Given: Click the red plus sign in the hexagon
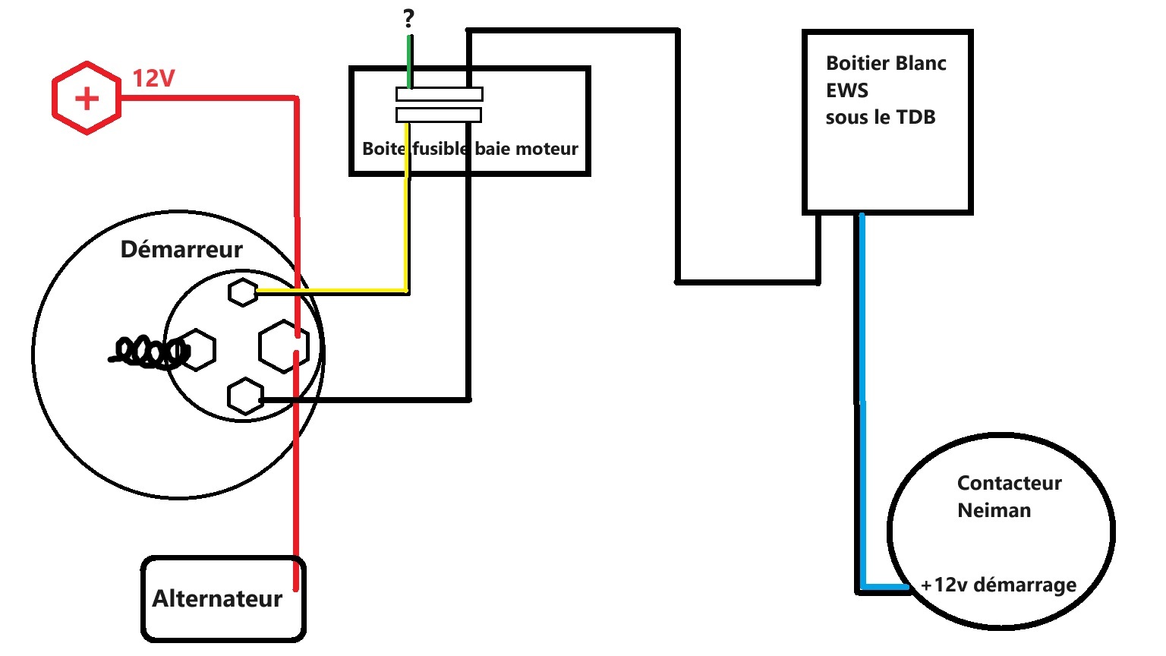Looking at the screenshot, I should [x=87, y=98].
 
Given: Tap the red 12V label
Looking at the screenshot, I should [x=153, y=78].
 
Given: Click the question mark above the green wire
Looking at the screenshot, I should [x=409, y=19].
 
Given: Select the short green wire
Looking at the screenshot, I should [x=410, y=61].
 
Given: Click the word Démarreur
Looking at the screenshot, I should [x=181, y=249].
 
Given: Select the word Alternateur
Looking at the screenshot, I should [x=217, y=599].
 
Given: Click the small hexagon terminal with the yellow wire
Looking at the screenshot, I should [x=243, y=292].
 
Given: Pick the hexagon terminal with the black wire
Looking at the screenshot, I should [x=245, y=396].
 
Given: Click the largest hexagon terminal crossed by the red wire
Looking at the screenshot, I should [x=283, y=346].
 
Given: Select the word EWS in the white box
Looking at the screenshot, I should [x=847, y=90].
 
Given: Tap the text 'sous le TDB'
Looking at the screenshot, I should [x=881, y=118].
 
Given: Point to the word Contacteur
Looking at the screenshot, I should [x=1009, y=483].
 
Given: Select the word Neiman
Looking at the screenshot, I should [x=994, y=510].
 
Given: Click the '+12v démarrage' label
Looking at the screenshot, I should [x=998, y=585].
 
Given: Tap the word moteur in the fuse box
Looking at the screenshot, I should [x=548, y=149].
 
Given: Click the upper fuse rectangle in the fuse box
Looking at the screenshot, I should [x=439, y=94].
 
